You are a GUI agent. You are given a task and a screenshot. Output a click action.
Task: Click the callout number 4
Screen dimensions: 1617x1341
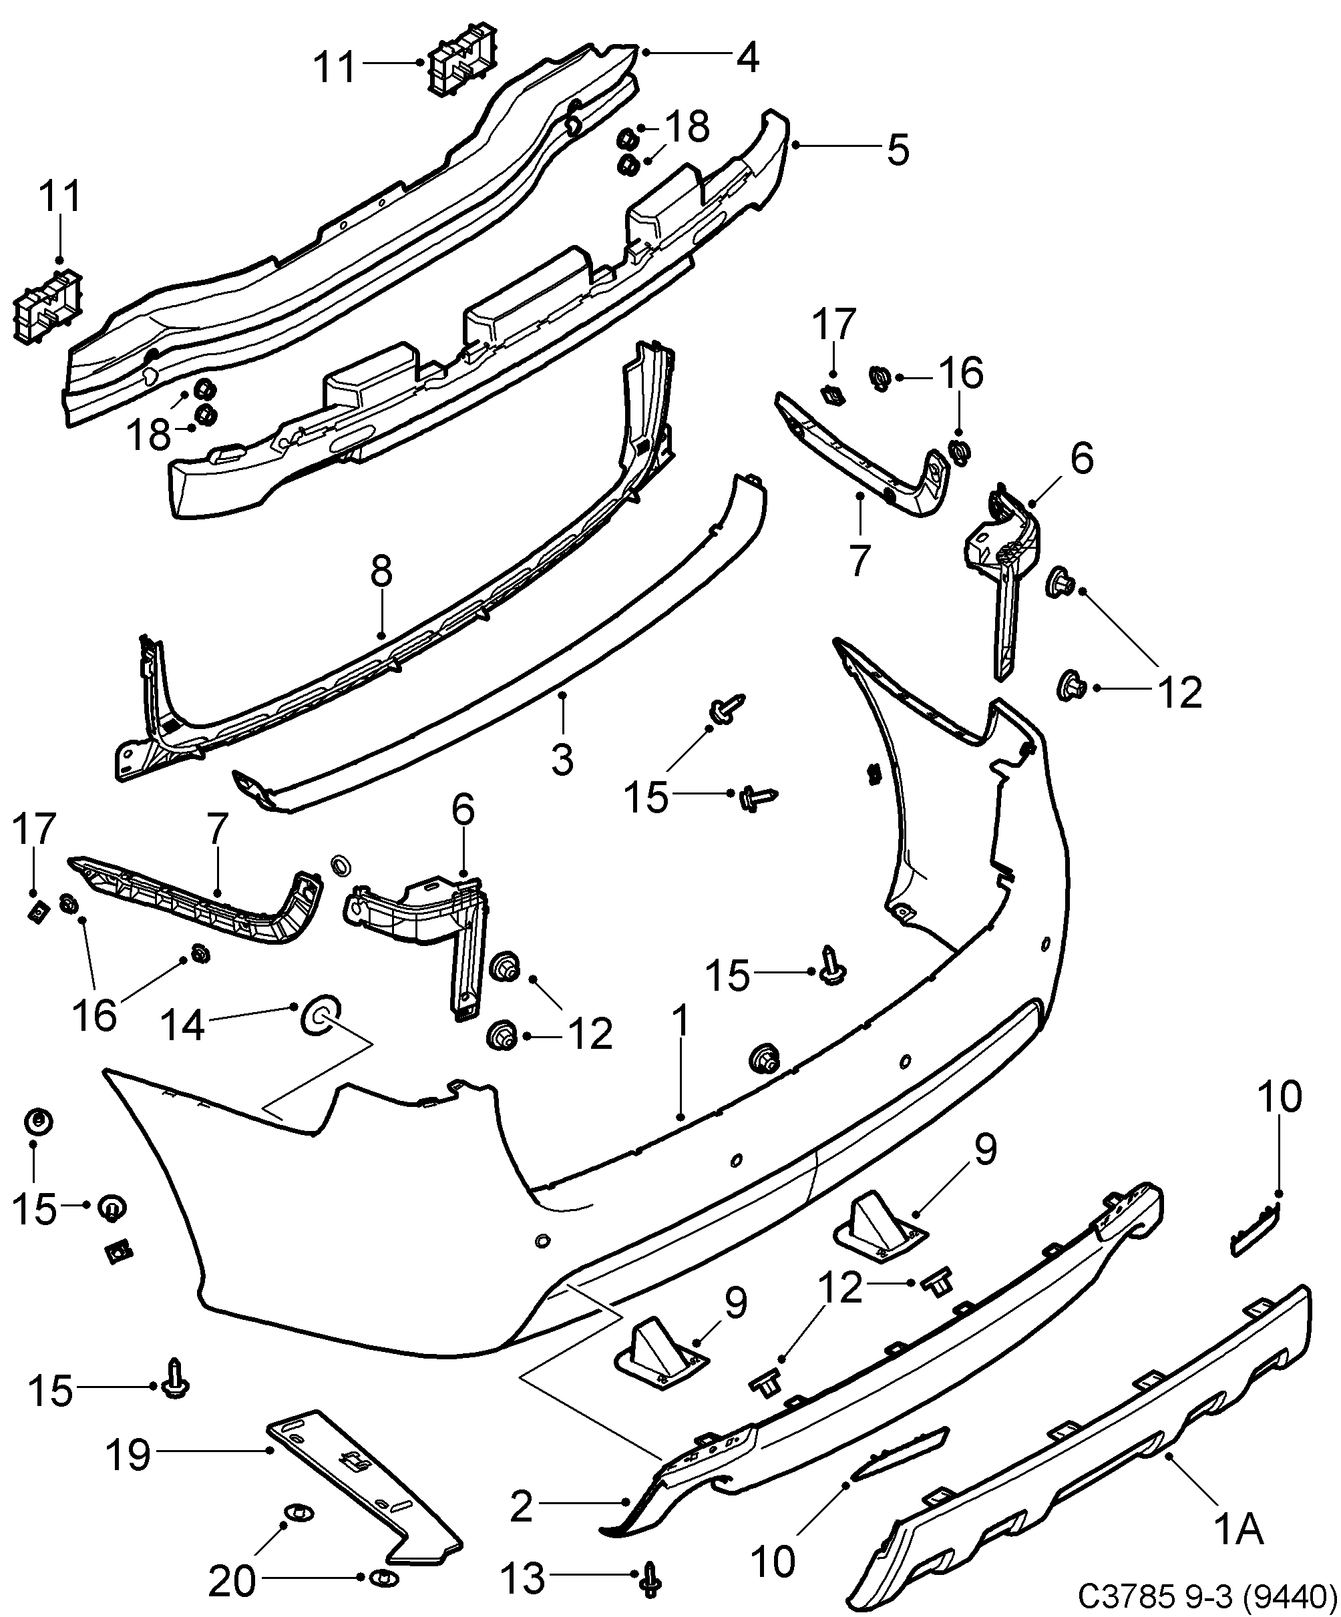pyautogui.click(x=747, y=57)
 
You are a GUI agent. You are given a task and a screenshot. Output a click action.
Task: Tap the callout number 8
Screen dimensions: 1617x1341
pyautogui.click(x=381, y=571)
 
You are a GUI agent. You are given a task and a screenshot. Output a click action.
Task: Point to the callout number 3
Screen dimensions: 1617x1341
pyautogui.click(x=562, y=759)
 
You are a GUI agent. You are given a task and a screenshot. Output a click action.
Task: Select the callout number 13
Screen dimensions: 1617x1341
pyautogui.click(x=523, y=1578)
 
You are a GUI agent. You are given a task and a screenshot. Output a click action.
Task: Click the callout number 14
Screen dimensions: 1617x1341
pyautogui.click(x=182, y=1025)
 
